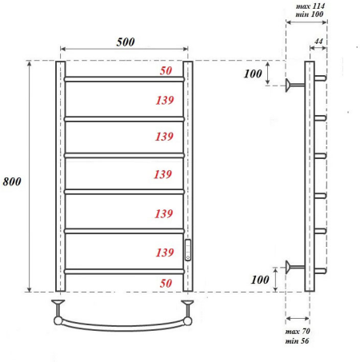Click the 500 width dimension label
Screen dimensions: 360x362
[x=126, y=42]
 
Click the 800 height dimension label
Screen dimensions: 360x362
[x=12, y=181]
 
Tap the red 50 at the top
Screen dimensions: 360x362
[x=166, y=70]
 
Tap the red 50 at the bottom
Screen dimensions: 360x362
[x=166, y=283]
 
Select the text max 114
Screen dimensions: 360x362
[x=310, y=6]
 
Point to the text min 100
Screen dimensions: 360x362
[x=310, y=14]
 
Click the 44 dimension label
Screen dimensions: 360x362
[x=318, y=42]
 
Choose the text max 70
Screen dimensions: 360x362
[x=298, y=331]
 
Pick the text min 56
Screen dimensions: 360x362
[x=297, y=340]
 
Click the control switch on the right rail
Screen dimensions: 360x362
[x=188, y=250]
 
